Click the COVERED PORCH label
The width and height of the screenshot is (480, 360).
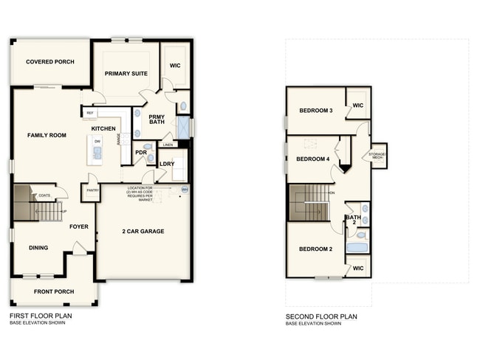tap(50, 62)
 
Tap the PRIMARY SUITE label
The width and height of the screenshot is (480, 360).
tap(126, 74)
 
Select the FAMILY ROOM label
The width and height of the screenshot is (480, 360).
tap(47, 136)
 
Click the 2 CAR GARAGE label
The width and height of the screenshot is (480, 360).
tap(143, 232)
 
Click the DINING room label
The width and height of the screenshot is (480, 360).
tap(38, 248)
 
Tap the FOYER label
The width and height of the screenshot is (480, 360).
tap(79, 226)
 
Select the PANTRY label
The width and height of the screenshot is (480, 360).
tap(92, 190)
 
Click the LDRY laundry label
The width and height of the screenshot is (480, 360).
tap(168, 163)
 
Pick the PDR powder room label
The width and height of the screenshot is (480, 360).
tap(141, 153)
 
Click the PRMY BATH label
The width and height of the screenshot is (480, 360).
tap(157, 120)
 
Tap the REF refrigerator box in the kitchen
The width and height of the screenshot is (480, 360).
tap(90, 113)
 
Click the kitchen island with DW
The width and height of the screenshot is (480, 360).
tap(97, 151)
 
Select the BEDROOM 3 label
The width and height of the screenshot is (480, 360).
tap(315, 111)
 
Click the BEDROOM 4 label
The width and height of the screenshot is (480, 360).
tap(312, 159)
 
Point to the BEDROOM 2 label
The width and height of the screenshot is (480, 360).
tap(315, 249)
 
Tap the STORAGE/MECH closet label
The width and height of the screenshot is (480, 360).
tap(378, 155)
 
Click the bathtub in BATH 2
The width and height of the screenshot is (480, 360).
tap(357, 248)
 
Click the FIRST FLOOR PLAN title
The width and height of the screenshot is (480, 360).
tap(41, 316)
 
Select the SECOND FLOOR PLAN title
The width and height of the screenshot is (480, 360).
tap(321, 316)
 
